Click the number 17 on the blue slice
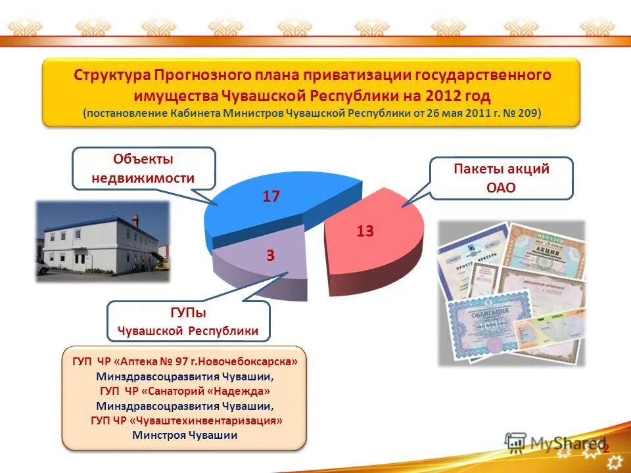pyautogui.click(x=271, y=196)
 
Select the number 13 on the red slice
pyautogui.click(x=365, y=231)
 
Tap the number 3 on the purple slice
pyautogui.click(x=270, y=256)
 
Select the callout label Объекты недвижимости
pyautogui.click(x=143, y=169)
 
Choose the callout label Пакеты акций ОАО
pyautogui.click(x=502, y=178)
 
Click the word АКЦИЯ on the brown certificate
pyautogui.click(x=542, y=251)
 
